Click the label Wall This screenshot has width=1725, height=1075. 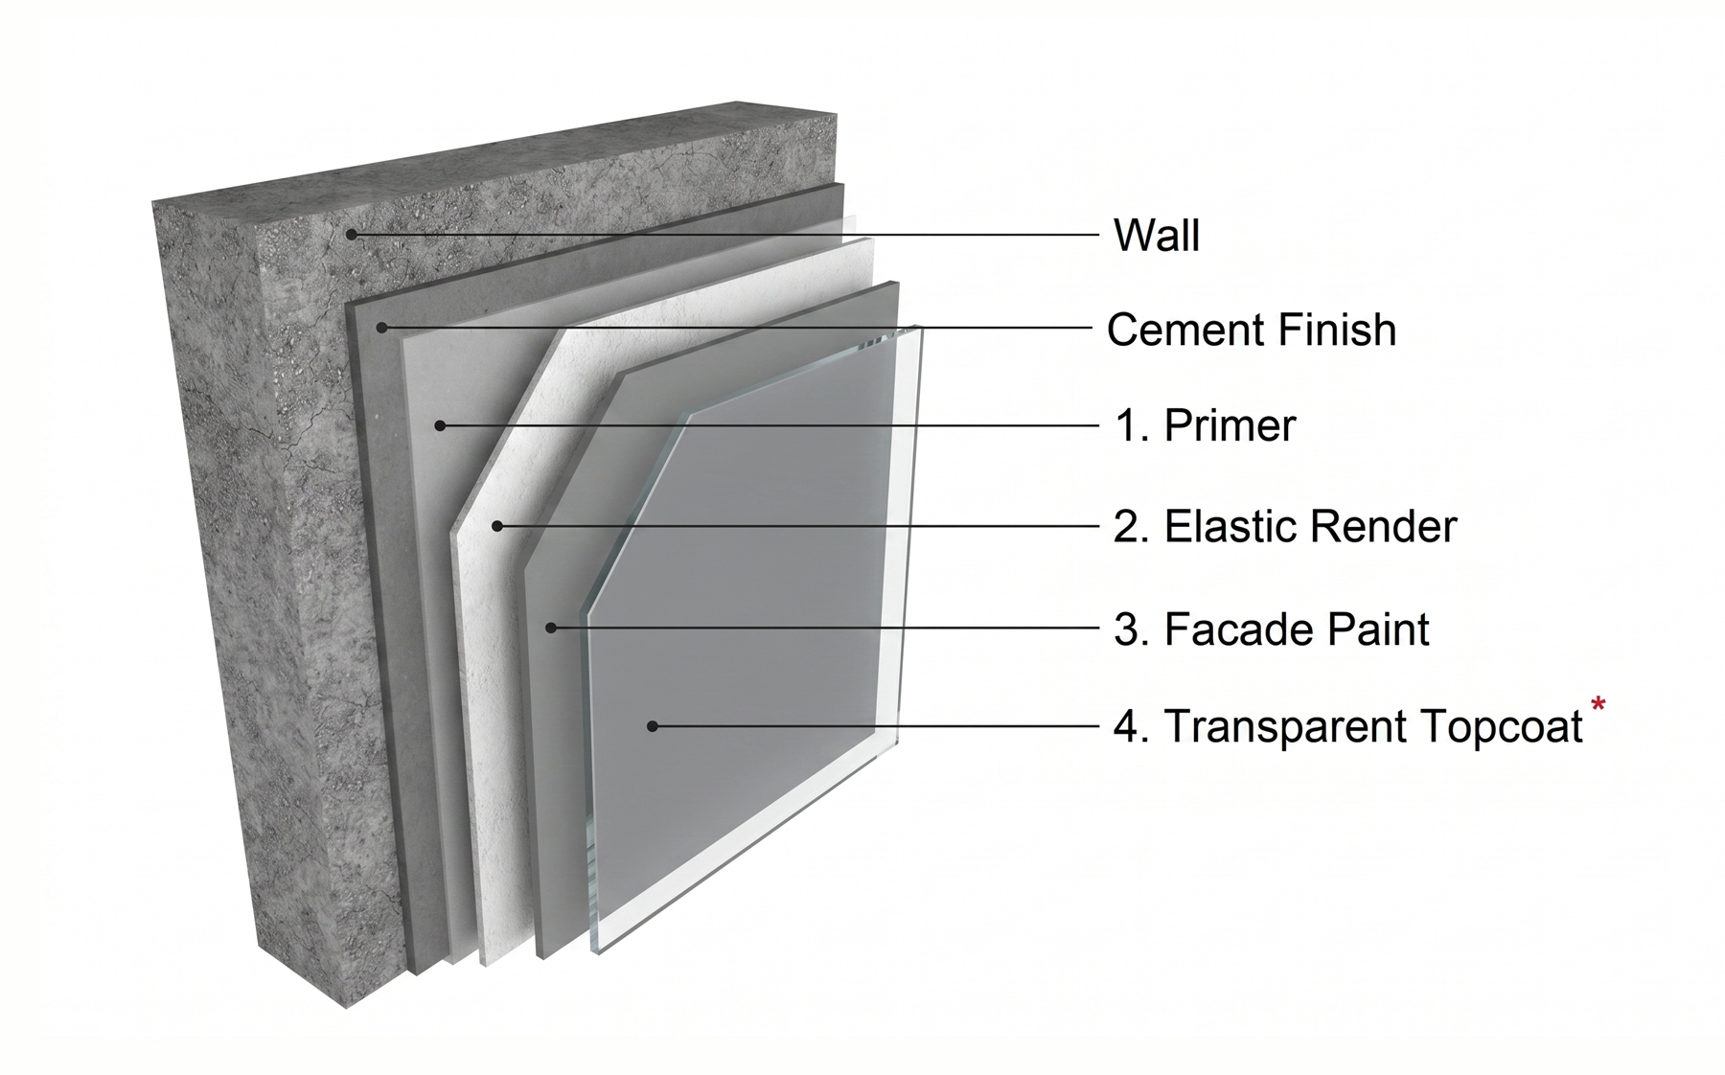tap(1157, 235)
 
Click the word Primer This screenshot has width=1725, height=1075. tap(1230, 425)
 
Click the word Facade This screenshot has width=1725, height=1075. tap(1225, 629)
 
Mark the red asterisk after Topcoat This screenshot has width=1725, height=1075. tap(1598, 707)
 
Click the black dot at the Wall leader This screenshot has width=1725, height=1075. tap(353, 234)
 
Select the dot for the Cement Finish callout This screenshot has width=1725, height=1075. tap(381, 328)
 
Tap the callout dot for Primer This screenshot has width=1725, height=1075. tap(440, 425)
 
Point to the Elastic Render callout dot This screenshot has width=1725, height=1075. tap(497, 526)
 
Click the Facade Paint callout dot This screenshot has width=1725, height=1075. tap(551, 629)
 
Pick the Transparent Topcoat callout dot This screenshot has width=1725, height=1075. tap(652, 726)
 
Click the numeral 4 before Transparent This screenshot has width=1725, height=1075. tap(1125, 727)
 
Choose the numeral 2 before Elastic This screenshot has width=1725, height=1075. tap(1125, 526)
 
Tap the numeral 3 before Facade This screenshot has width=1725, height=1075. tap(1125, 629)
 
